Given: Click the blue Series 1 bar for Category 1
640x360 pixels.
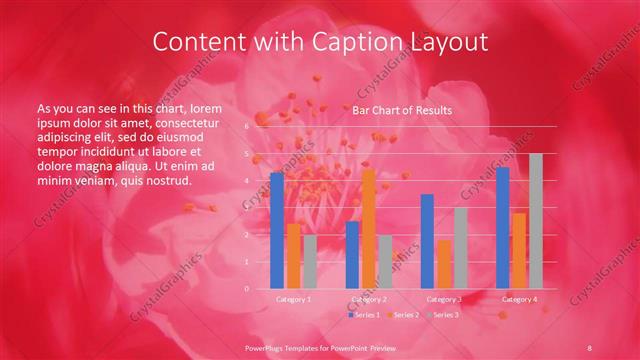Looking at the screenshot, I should click(x=277, y=230).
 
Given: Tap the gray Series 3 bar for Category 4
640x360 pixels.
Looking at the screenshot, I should click(x=535, y=221).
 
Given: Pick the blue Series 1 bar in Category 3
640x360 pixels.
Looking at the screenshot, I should click(x=427, y=241).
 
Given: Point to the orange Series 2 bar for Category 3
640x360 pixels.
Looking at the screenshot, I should click(x=443, y=264).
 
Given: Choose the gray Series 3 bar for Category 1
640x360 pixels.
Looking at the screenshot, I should click(x=309, y=262).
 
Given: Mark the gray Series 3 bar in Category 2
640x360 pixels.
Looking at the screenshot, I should click(x=385, y=262).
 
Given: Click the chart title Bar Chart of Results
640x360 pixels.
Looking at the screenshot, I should click(x=401, y=111).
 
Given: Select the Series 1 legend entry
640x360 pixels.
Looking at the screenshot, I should click(x=363, y=315).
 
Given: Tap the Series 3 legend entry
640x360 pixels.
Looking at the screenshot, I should click(x=442, y=315).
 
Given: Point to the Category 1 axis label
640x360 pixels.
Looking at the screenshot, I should click(x=293, y=299).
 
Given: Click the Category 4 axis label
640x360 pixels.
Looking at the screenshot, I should click(x=519, y=299).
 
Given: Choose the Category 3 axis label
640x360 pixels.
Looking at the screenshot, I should click(x=443, y=299).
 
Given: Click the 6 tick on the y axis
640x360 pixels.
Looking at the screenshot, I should click(x=247, y=127).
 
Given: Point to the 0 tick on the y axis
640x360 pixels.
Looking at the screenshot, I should click(x=247, y=289).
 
